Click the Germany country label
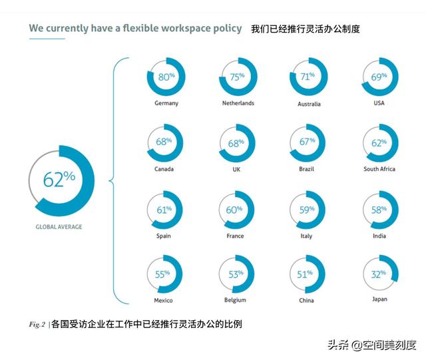pos(166,103)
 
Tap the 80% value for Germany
pos(166,77)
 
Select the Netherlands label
pos(238,103)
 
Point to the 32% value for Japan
pos(379,273)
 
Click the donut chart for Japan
pos(379,273)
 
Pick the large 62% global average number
pos(59,180)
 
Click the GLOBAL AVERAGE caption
pos(59,227)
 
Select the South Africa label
pos(379,169)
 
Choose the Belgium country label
pos(235,300)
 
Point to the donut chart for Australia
pos(308,77)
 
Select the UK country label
pos(235,169)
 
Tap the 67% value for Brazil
pos(308,142)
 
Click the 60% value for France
pos(235,210)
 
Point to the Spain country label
pos(164,236)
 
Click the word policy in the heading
pos(225,29)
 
